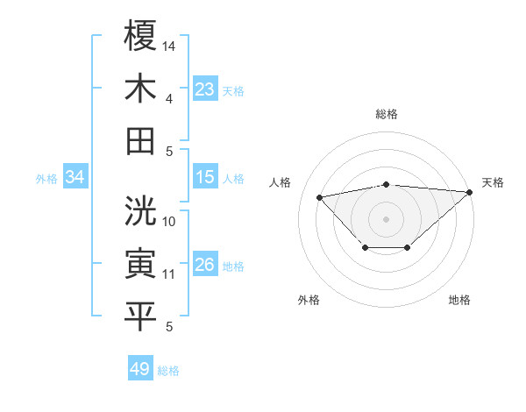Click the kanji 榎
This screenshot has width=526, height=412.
coord(140,37)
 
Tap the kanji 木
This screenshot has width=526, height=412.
coord(140,89)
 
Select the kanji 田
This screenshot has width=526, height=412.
coord(140,140)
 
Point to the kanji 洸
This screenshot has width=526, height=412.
coord(140,210)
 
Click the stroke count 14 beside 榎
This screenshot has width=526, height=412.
coord(170,45)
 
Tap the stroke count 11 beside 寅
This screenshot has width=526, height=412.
coord(169,274)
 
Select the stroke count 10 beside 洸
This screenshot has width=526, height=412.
coord(170,222)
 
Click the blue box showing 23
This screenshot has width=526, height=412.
coord(205,89)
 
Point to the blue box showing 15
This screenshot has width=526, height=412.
coord(205,177)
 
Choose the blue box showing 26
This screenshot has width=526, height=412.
coord(205,265)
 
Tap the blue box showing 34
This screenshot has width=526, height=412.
coord(75,178)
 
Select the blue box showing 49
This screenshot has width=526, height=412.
coord(140,369)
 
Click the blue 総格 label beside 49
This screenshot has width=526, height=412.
coord(169,371)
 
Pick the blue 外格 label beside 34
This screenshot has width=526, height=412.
coord(46,179)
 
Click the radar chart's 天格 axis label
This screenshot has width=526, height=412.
coord(493,182)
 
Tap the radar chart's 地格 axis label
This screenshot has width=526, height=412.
coord(459,300)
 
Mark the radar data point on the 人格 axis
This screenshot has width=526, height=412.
coord(320,196)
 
